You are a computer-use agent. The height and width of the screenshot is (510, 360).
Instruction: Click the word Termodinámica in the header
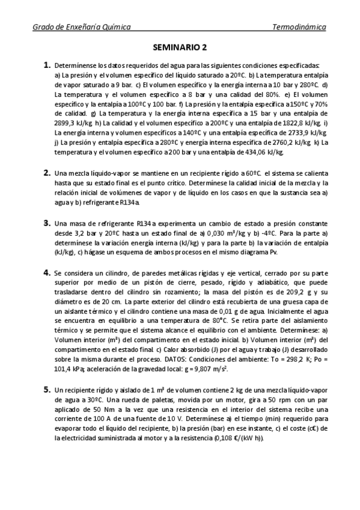tap(299, 27)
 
